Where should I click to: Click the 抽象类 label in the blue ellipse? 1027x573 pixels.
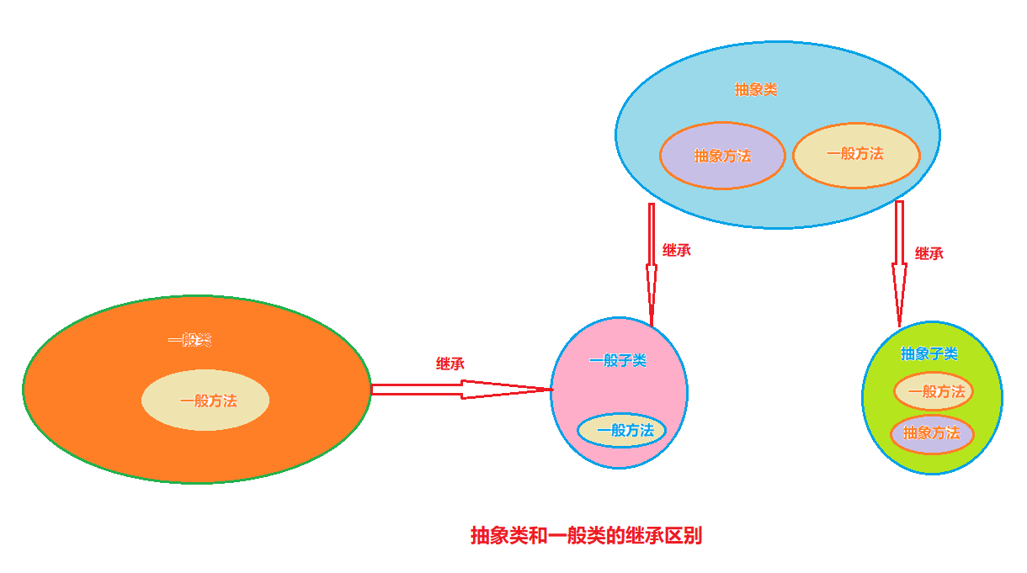point(756,89)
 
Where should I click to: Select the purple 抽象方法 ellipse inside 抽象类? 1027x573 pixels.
point(722,156)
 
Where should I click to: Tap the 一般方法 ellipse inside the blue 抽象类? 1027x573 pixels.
point(856,156)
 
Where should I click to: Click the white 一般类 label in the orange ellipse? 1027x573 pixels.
point(189,340)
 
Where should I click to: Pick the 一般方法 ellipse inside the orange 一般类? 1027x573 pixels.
point(205,401)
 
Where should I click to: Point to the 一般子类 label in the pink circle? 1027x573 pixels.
point(618,360)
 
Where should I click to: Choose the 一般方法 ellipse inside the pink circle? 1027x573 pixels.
point(622,431)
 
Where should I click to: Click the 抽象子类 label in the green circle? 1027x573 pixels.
point(929,353)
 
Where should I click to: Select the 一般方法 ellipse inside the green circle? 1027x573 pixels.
point(934,391)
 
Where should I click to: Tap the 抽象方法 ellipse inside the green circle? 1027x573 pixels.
point(932,433)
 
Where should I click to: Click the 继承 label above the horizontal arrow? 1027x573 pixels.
point(450,364)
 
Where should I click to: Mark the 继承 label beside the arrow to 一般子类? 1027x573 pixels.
point(677,250)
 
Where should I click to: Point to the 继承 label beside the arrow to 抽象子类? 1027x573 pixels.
point(929,253)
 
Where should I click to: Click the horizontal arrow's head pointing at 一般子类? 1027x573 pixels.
point(552,390)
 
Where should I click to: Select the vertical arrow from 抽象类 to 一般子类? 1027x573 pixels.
point(652,265)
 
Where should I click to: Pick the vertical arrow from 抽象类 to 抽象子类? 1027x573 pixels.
point(900,263)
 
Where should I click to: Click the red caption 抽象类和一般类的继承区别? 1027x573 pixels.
point(587,535)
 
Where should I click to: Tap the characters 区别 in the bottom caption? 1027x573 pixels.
point(684,535)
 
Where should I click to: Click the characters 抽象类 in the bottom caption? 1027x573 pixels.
point(499,535)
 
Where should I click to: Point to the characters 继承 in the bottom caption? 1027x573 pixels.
point(644,535)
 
